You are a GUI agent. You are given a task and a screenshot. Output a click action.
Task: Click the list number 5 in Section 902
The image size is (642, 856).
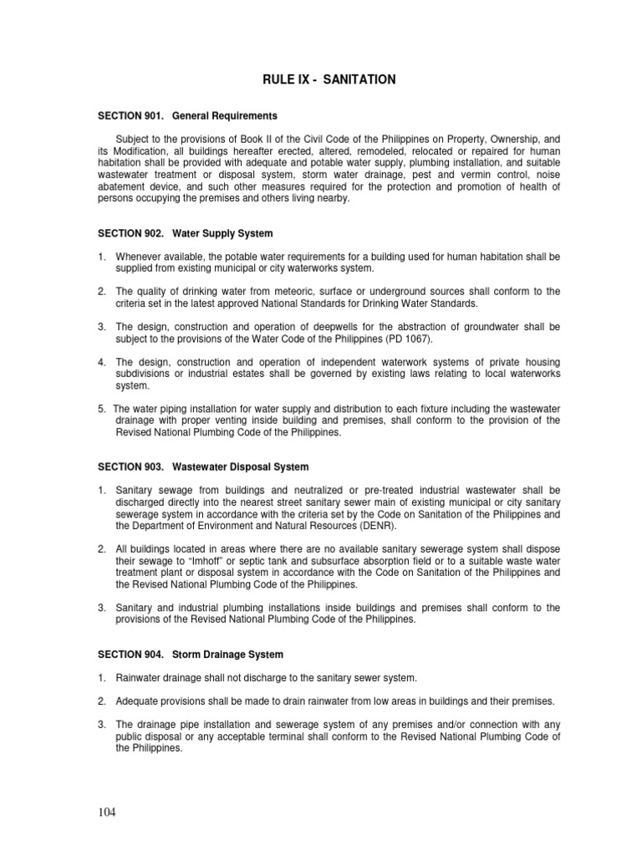tap(101, 408)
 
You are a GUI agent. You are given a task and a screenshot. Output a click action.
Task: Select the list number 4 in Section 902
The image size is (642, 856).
tap(101, 362)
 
